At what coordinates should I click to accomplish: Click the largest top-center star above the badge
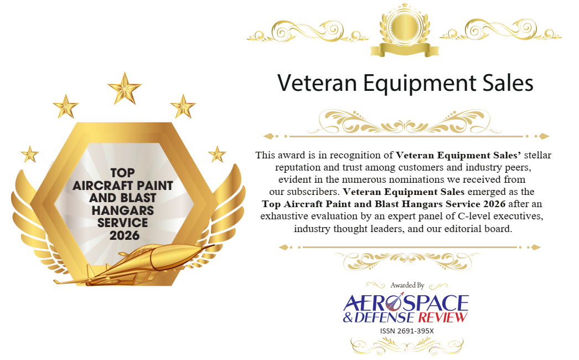point(125,88)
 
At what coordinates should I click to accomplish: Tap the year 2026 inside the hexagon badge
point(125,235)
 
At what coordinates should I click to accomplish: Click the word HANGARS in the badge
point(123,210)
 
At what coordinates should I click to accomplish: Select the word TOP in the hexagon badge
point(122,173)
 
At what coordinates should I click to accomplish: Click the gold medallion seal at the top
point(405,26)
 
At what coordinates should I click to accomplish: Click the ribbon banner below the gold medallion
point(405,49)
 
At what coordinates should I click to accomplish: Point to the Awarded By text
point(407,285)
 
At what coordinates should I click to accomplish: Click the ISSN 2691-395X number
point(407,331)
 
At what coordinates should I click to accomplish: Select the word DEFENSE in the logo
point(384,317)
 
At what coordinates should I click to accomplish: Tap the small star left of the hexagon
point(30,154)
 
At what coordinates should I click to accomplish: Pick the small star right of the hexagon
point(217,154)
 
